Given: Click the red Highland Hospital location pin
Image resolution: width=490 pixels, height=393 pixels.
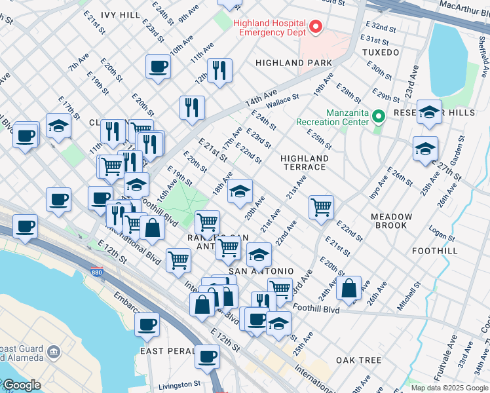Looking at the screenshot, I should coord(316,27).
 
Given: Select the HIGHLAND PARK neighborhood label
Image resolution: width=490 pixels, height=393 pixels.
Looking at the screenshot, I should coord(293,63).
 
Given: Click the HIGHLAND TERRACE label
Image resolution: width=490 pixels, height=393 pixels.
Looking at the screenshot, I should coord(304,162).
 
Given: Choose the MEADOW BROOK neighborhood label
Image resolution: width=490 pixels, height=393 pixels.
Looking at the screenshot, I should coord(391,221).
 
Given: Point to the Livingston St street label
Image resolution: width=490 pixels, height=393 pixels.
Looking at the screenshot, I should coord(179,384).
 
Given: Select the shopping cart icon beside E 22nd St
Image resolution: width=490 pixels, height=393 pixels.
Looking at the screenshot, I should coord(321,207).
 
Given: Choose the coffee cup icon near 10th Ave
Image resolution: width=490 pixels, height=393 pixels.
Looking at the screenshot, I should coord(158,66).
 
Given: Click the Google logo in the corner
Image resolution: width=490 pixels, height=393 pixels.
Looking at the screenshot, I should coord(21,385).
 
